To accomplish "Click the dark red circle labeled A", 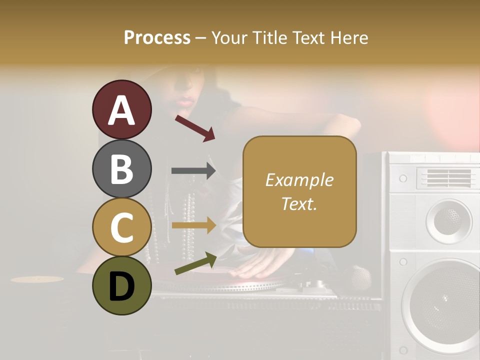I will coord(121,110).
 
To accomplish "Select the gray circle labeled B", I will coord(121,168).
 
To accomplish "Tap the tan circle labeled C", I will coord(121,227).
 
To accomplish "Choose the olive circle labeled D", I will coord(121,285).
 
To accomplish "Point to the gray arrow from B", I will coord(193,170).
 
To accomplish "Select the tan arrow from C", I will coord(193,225).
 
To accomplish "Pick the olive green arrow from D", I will coord(195,263).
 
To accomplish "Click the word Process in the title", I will coord(157,37).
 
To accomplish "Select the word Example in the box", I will coord(299,180).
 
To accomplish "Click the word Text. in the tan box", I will coord(299,204).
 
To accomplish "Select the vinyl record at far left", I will coord(37,279).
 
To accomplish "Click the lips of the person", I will coord(184,102).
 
